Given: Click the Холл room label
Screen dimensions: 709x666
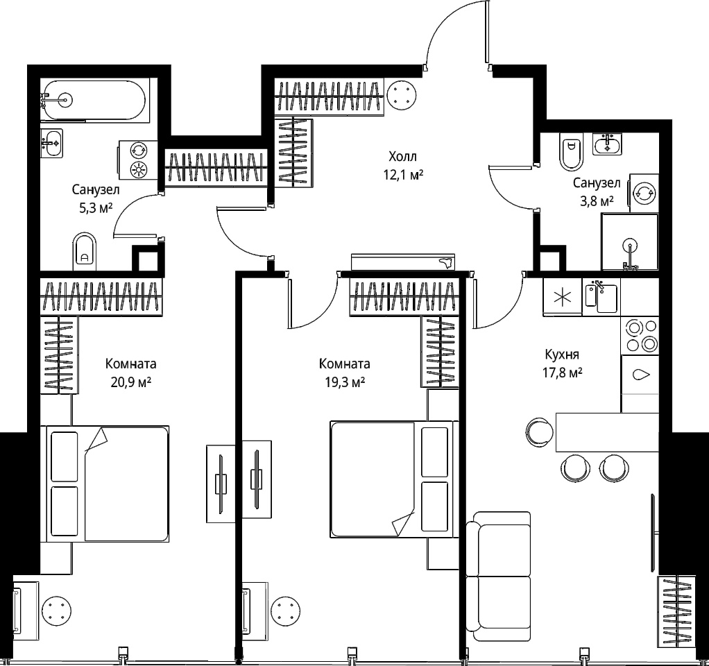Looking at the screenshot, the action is [402, 157].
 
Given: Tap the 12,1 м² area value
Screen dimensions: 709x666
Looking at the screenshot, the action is [403, 175].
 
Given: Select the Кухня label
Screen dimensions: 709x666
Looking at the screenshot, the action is [562, 355].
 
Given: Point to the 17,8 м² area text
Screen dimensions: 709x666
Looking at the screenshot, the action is [562, 373].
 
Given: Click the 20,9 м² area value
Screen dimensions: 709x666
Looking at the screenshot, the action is [130, 382].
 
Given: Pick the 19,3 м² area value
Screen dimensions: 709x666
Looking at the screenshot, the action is [345, 382].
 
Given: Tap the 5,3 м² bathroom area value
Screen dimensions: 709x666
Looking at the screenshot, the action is [96, 207].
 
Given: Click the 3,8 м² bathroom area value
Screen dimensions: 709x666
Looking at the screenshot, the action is [597, 200].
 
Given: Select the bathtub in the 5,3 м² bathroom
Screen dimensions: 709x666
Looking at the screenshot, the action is [93, 101].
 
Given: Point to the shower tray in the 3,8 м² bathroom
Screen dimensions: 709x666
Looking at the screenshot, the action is [629, 242].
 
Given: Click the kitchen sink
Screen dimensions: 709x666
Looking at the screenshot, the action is [601, 296].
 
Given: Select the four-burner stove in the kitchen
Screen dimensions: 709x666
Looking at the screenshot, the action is [640, 336].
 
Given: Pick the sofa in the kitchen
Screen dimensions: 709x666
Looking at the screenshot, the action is [498, 577].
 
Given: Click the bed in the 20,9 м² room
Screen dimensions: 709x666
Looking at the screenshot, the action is [105, 484].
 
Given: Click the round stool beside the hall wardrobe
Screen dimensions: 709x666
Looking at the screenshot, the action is [402, 94].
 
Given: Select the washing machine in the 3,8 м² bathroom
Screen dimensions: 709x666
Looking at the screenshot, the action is [644, 193].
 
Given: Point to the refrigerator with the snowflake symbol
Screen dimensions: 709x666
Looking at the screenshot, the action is [563, 297].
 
